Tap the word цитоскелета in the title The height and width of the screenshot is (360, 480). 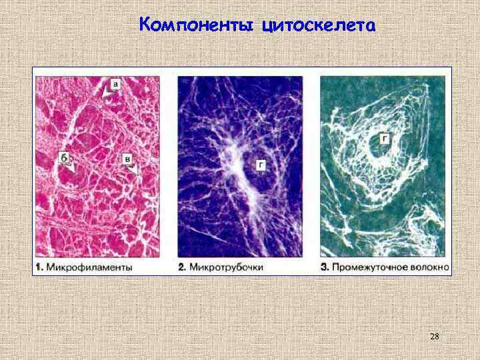coord(319,26)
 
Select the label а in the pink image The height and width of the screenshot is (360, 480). coord(116,85)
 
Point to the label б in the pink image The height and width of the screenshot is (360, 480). coord(63,157)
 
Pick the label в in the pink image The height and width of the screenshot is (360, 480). coord(126,158)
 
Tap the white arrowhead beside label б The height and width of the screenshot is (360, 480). coord(67,169)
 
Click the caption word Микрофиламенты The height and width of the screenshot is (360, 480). coord(94,267)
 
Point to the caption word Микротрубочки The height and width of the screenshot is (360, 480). coord(230,267)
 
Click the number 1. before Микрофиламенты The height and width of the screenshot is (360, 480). coord(39,267)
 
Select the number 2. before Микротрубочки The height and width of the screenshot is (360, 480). coord(182,267)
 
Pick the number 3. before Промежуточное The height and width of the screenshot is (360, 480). coord(325,267)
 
